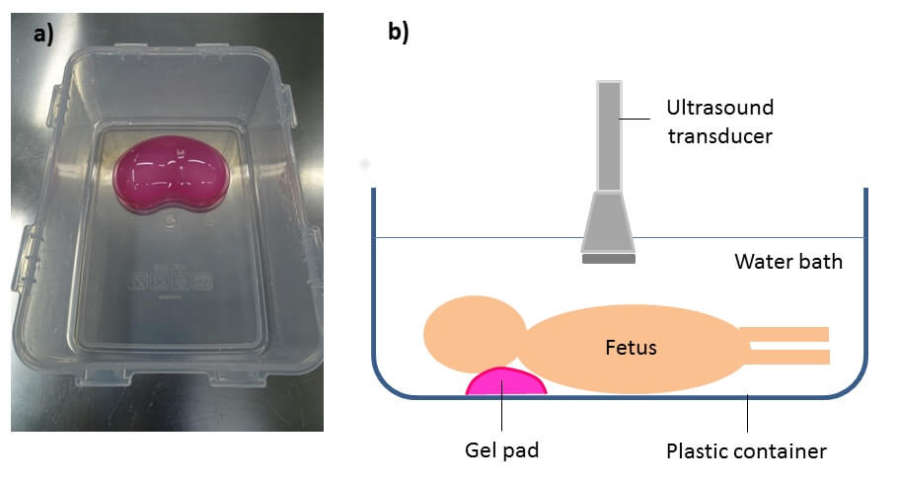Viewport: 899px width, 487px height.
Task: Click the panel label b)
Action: (398, 32)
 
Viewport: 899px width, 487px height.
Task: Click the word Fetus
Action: (632, 348)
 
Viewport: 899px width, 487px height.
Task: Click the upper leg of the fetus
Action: (788, 334)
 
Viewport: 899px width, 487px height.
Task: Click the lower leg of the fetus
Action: (788, 356)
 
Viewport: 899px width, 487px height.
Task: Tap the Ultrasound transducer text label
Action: (719, 121)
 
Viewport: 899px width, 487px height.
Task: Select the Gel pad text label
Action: (502, 451)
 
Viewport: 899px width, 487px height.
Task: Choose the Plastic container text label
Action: (746, 451)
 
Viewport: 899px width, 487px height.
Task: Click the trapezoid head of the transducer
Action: (608, 221)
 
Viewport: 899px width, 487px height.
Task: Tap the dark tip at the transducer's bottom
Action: (608, 259)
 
